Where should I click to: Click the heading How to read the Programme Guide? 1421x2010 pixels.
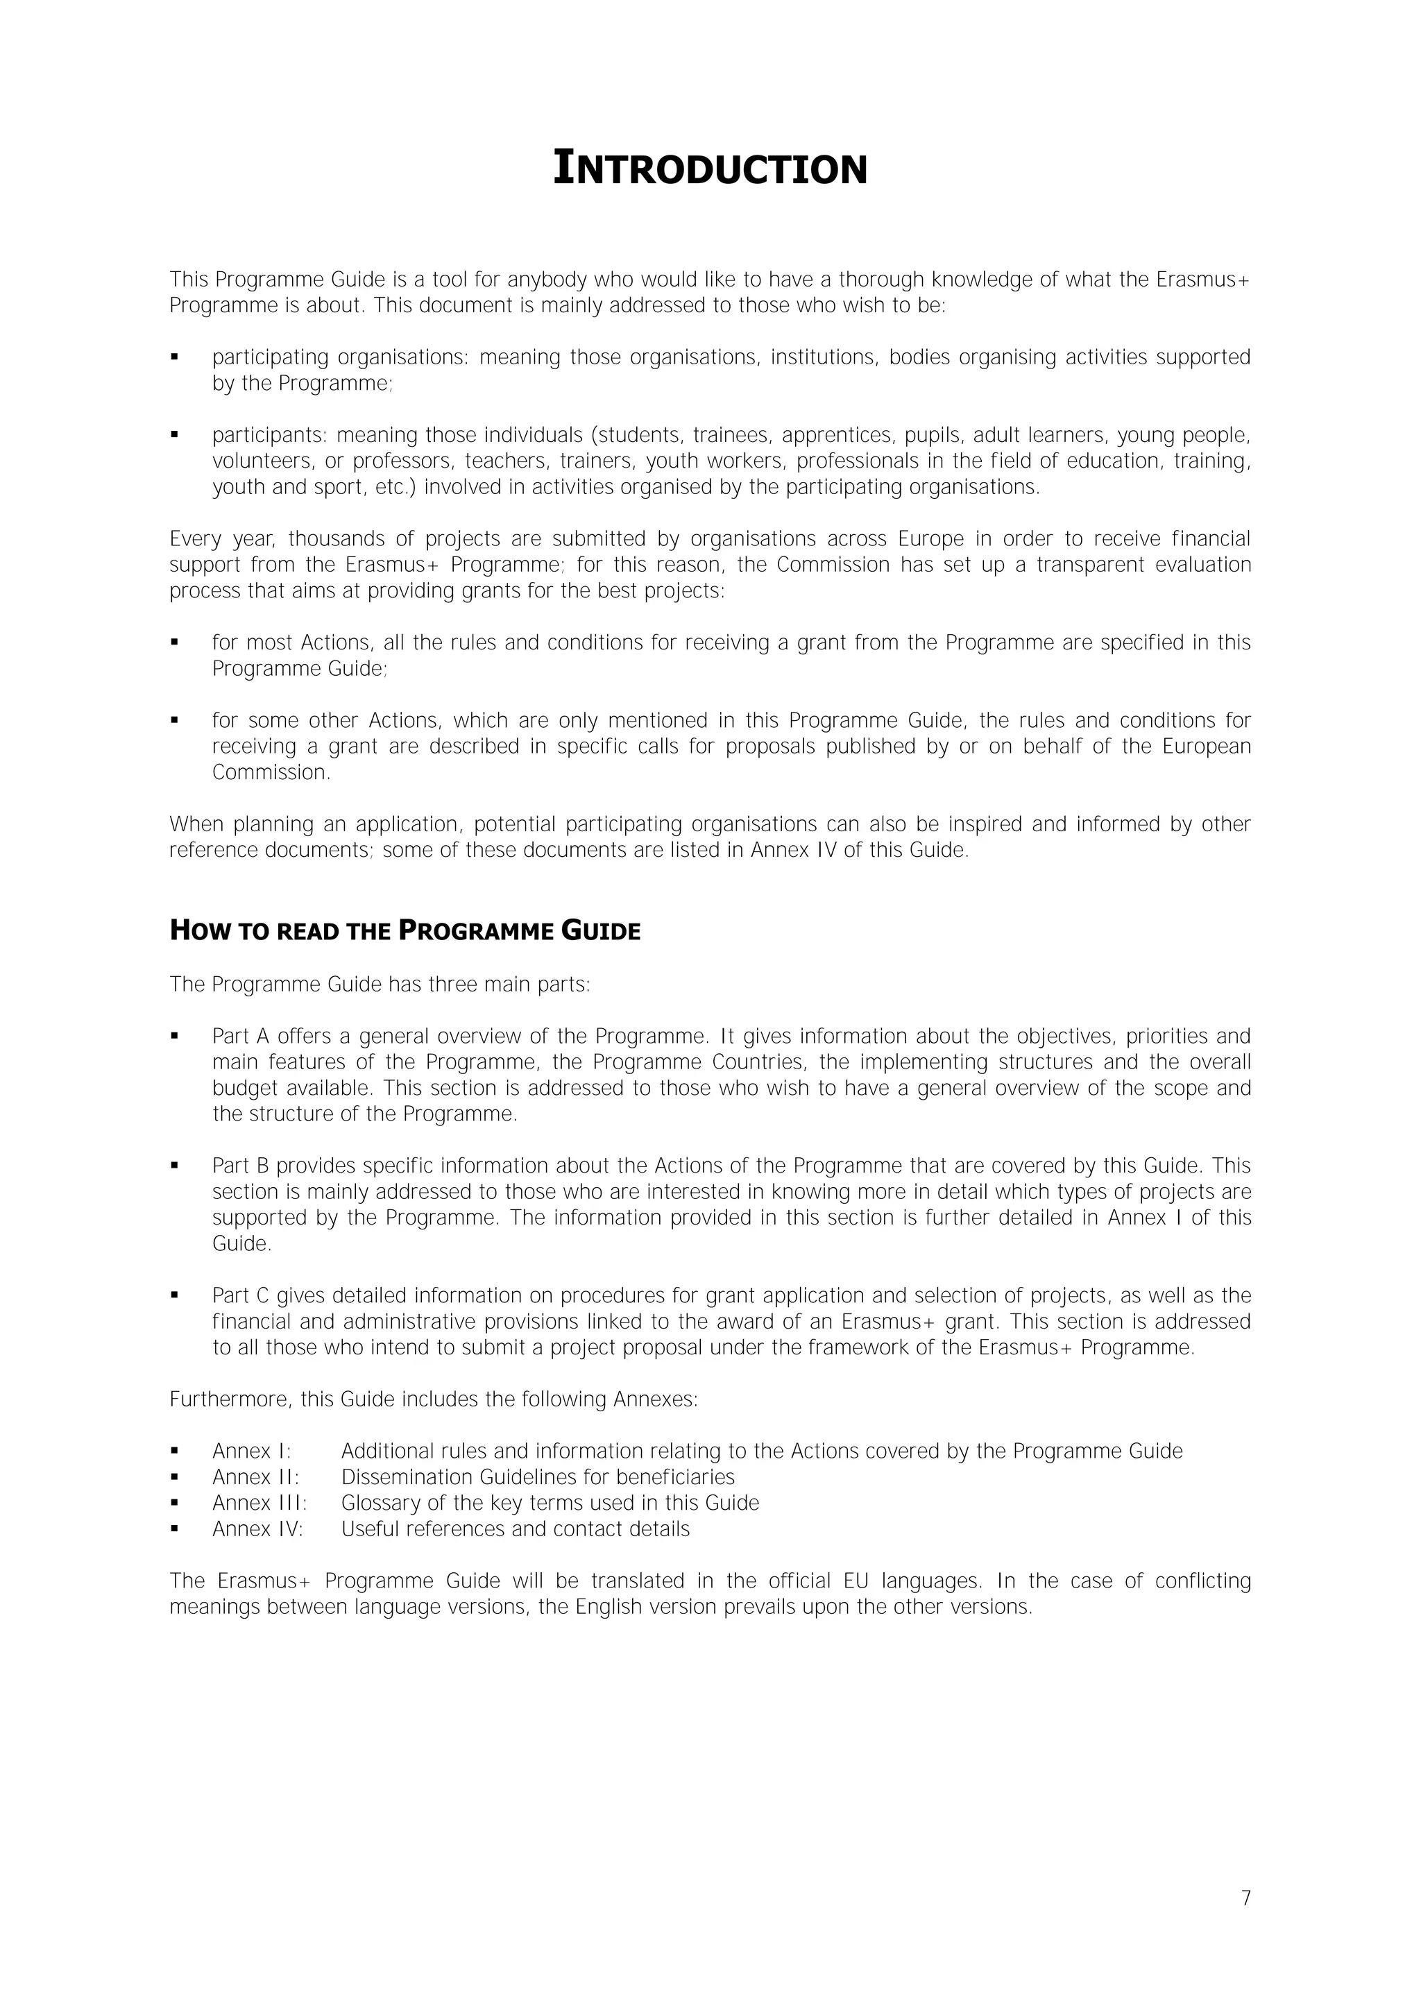405,930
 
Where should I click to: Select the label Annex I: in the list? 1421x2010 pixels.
251,1451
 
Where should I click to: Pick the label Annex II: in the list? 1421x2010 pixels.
255,1477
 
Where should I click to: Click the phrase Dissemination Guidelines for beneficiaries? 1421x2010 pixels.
538,1477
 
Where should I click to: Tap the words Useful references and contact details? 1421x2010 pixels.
515,1529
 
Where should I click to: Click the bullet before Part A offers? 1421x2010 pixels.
175,1036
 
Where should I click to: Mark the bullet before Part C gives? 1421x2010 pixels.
175,1295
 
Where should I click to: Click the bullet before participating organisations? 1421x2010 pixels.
175,357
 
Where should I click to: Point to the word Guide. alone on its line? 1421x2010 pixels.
241,1244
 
